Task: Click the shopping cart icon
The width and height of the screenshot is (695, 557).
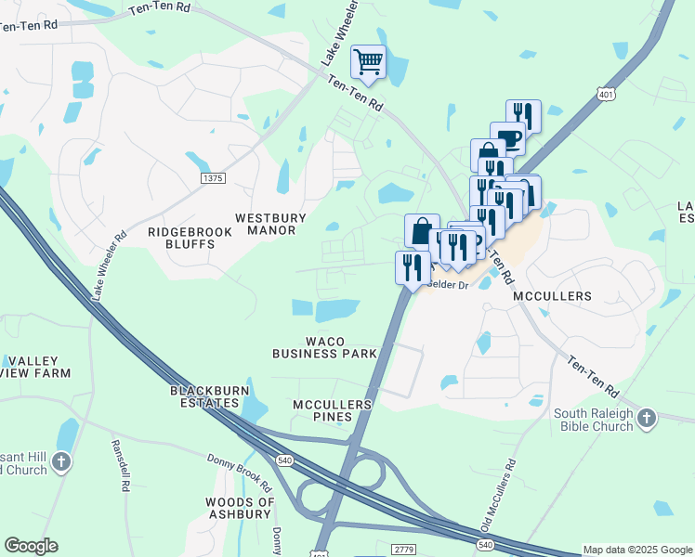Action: point(369,62)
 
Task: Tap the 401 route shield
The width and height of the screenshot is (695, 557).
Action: point(606,95)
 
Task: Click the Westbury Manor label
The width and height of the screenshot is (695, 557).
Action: point(270,225)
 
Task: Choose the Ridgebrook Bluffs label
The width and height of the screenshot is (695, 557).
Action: point(181,238)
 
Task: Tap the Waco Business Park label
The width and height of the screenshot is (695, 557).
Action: point(324,346)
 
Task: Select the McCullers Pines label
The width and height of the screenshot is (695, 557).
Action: point(332,410)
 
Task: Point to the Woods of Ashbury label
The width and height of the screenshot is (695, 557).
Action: point(240,508)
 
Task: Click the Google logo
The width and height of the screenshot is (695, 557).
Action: point(31,546)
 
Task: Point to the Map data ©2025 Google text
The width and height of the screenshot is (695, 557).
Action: point(637,550)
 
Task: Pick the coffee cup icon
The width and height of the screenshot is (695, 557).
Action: point(507,137)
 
